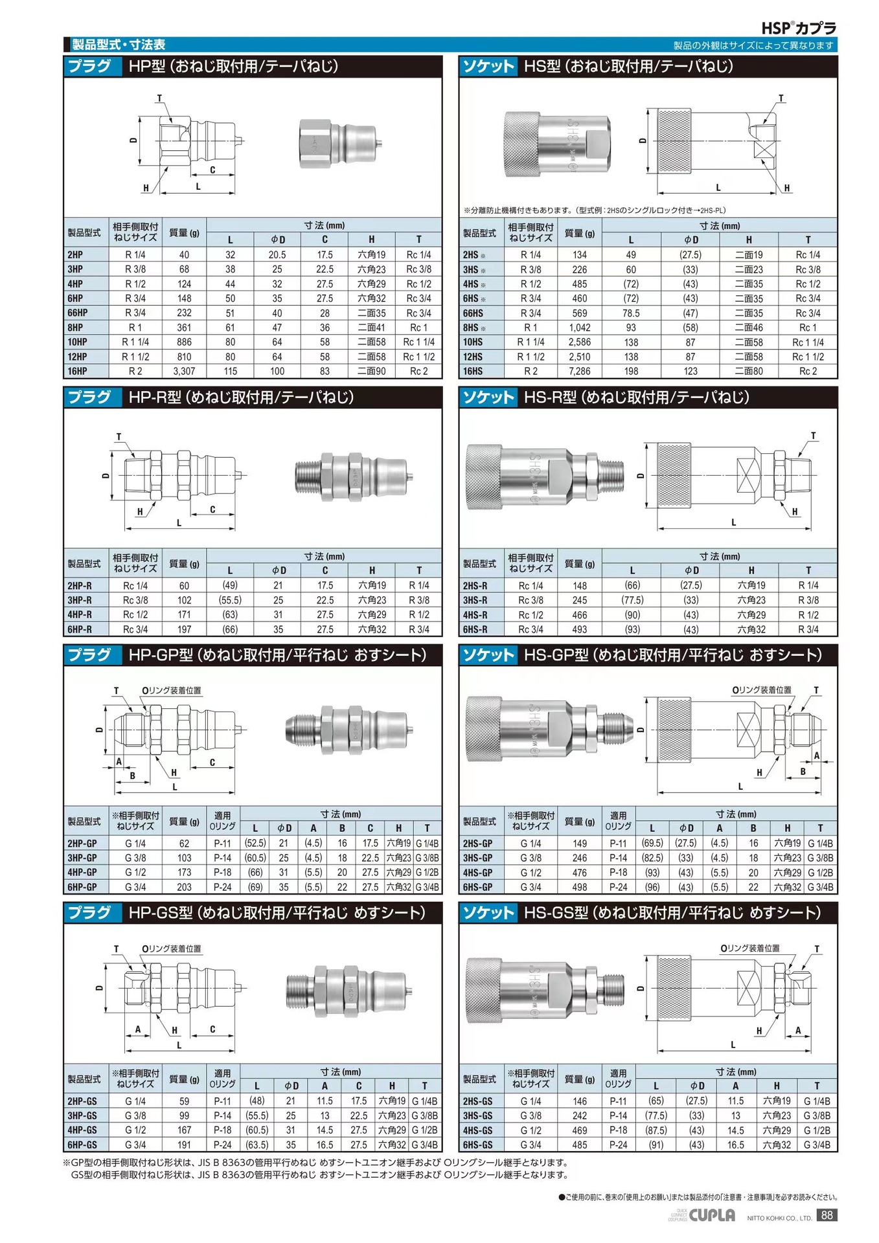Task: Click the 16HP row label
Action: tap(77, 371)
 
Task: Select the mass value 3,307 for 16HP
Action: tap(184, 371)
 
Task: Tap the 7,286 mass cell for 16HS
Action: tap(579, 371)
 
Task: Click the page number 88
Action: tap(827, 1215)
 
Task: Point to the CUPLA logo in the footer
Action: tap(712, 1215)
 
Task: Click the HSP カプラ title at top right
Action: tap(798, 28)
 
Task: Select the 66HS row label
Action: tap(473, 313)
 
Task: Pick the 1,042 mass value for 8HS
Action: tap(579, 328)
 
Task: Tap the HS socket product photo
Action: tap(556, 144)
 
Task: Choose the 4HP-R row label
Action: tap(80, 614)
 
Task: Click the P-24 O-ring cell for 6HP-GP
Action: tap(222, 887)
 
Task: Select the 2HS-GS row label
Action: tap(478, 1101)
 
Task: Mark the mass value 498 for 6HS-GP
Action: tap(579, 887)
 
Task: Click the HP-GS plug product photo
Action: tap(348, 990)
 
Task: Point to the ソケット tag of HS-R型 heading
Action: tap(488, 397)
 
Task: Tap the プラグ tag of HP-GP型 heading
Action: tap(90, 655)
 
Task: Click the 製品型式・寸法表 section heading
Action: tap(119, 45)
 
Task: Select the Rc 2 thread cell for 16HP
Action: tap(418, 371)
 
